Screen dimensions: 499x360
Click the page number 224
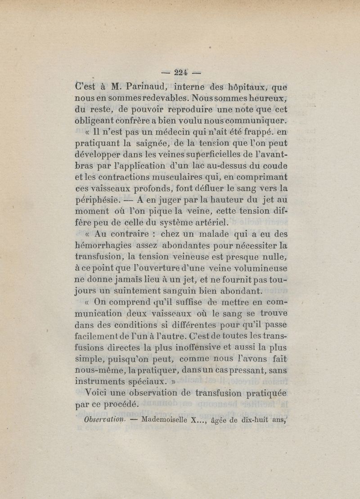coord(180,72)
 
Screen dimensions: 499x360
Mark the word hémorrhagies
coord(103,246)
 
